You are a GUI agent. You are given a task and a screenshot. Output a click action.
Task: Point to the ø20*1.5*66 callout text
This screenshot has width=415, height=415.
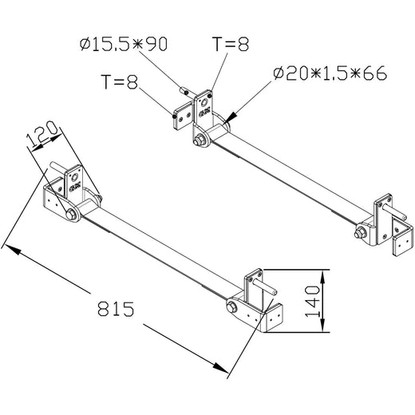pos(329,73)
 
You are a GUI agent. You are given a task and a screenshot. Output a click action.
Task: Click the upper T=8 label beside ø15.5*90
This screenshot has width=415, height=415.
pos(231,44)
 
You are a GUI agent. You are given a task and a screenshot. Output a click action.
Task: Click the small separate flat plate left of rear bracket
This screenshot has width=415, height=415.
pos(180,113)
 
